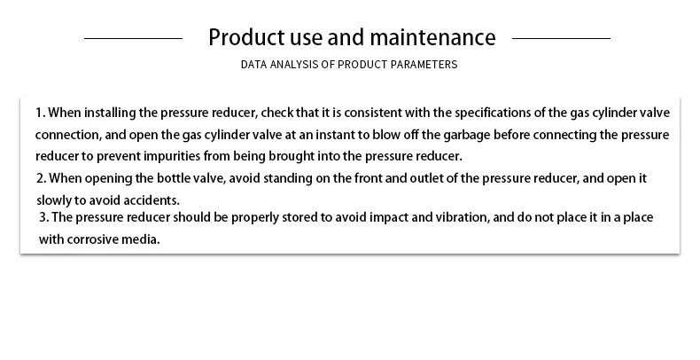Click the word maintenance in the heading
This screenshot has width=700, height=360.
click(x=432, y=37)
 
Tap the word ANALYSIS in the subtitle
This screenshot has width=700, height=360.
click(x=294, y=65)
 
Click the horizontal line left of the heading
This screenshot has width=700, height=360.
click(x=134, y=38)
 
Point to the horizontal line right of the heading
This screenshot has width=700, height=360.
click(x=561, y=38)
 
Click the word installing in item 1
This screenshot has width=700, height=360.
click(x=110, y=113)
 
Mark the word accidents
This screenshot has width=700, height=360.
click(x=152, y=200)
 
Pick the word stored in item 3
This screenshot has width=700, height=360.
click(x=299, y=217)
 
